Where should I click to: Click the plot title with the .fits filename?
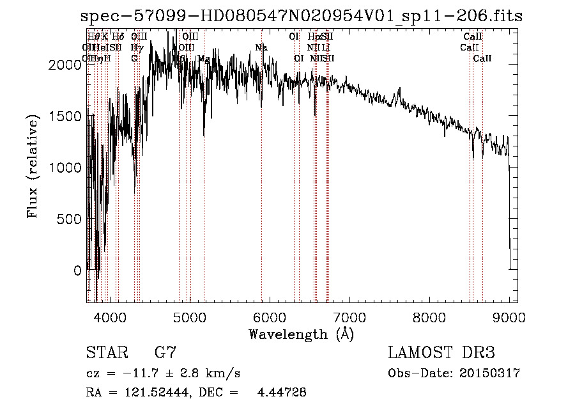[x=302, y=17]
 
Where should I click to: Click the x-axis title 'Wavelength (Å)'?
[x=301, y=334]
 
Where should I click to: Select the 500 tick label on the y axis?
[x=71, y=219]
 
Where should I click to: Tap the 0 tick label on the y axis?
[x=77, y=270]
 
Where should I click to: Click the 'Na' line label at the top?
[x=261, y=47]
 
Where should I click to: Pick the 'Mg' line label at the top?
[x=204, y=58]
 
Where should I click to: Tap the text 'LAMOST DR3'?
[x=441, y=353]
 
